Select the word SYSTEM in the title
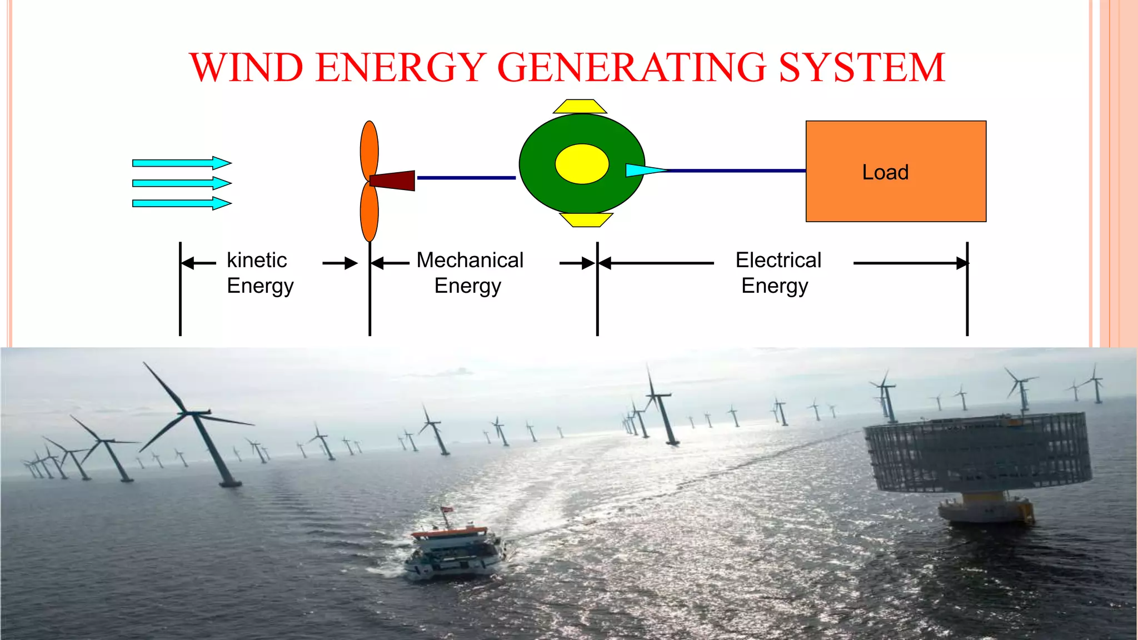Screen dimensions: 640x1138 [x=862, y=67]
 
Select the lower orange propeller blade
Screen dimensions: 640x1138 [x=370, y=212]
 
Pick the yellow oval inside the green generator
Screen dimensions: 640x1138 [x=582, y=164]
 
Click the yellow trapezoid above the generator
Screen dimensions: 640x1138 [x=580, y=106]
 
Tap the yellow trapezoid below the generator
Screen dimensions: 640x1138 [x=586, y=220]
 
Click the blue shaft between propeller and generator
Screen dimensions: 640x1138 [x=466, y=178]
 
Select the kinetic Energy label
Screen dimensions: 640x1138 [x=259, y=273]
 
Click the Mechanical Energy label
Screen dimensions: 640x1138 [x=470, y=273]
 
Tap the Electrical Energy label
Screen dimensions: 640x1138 [x=777, y=273]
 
